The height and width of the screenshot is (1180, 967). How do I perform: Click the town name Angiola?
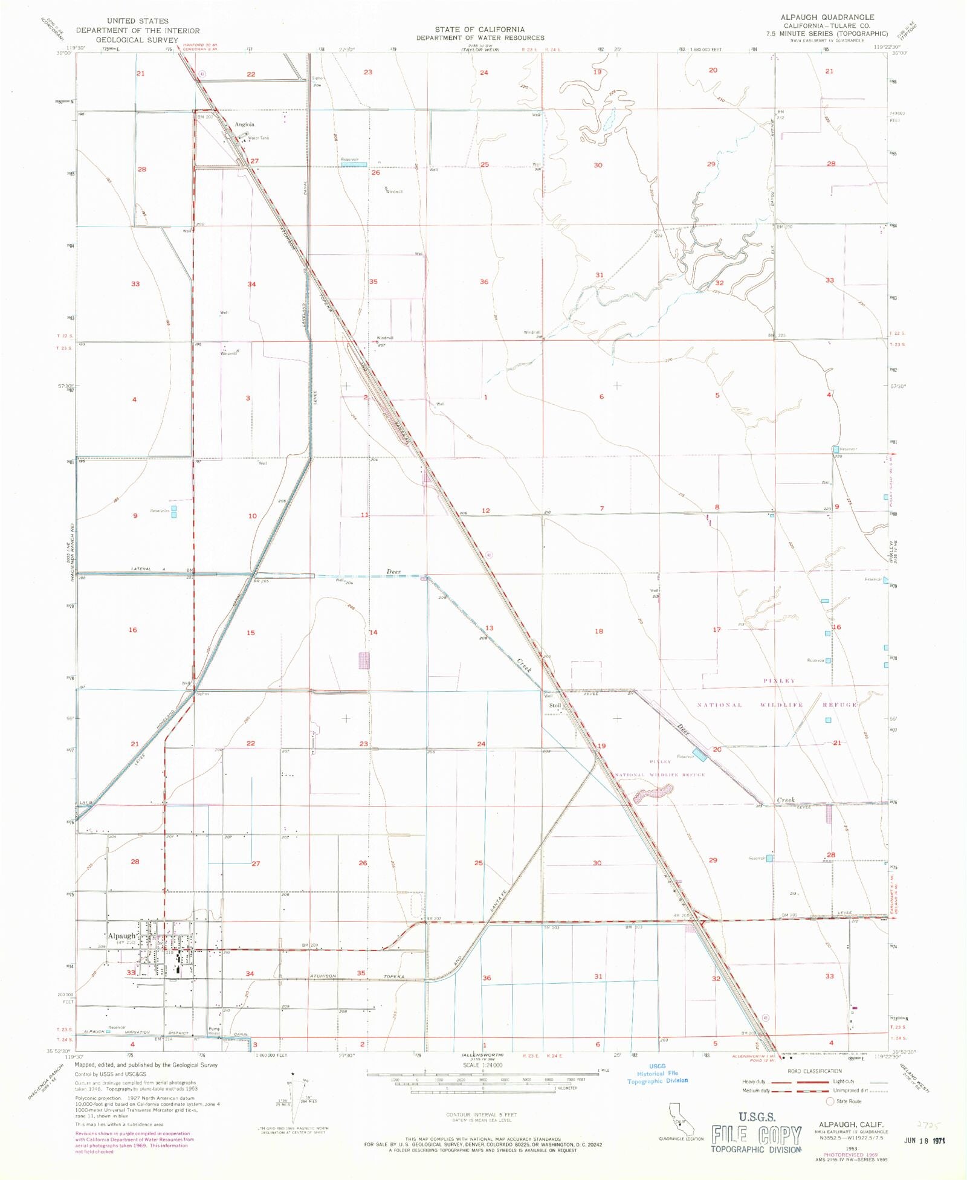pyautogui.click(x=244, y=124)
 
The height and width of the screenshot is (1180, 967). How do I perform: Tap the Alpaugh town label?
pyautogui.click(x=121, y=936)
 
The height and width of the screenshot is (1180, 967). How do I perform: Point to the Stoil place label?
pyautogui.click(x=555, y=705)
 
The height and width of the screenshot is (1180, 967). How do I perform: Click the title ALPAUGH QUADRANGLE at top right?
pyautogui.click(x=827, y=17)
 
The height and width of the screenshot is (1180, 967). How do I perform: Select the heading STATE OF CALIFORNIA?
pyautogui.click(x=479, y=29)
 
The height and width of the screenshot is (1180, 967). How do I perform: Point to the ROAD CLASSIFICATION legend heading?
pyautogui.click(x=814, y=1071)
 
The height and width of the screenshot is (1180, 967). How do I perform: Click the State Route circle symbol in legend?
pyautogui.click(x=830, y=1101)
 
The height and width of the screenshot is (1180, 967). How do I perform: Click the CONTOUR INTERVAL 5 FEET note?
pyautogui.click(x=481, y=1114)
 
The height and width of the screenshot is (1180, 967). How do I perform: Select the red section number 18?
pyautogui.click(x=598, y=631)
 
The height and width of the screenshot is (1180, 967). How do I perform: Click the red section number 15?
pyautogui.click(x=250, y=633)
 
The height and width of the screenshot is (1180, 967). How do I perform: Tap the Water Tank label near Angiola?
pyautogui.click(x=259, y=138)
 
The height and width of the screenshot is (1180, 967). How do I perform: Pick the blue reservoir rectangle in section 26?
pyautogui.click(x=354, y=164)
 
